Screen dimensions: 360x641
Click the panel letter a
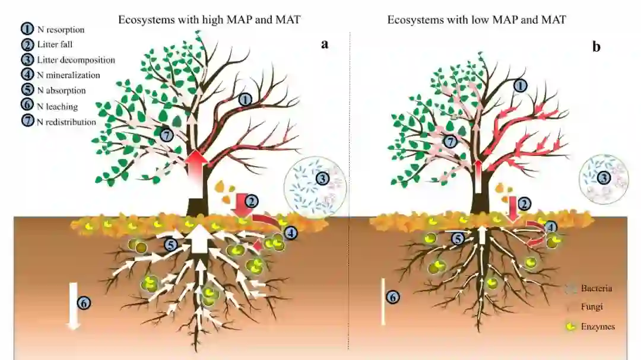325,44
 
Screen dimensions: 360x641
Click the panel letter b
596,47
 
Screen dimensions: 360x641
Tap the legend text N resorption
61,30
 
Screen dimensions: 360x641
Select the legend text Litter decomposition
75,60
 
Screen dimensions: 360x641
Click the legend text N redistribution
66,122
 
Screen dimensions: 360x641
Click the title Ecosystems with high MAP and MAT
210,20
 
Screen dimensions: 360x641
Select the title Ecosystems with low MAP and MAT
477,20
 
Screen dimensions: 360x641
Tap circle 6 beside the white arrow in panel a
84,302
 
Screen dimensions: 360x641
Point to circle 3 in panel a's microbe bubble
322,177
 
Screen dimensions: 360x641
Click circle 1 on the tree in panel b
520,86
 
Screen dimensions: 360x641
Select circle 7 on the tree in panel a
166,135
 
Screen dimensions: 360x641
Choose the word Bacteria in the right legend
596,289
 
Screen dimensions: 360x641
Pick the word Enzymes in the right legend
598,327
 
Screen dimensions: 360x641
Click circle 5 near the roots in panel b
457,238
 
